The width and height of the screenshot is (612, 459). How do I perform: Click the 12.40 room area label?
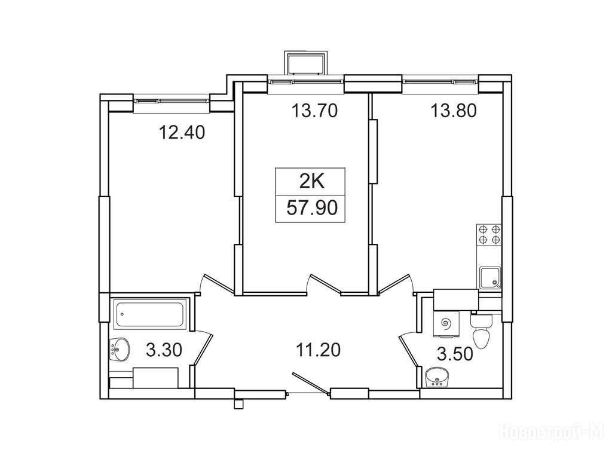tap(182, 133)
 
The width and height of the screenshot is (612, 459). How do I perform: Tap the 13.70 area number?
tap(314, 111)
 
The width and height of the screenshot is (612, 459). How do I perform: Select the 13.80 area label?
tap(454, 111)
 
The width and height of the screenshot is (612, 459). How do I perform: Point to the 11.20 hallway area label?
tap(318, 350)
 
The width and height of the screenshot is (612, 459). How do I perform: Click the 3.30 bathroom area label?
tap(164, 350)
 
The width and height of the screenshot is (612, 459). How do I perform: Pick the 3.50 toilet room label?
tap(455, 354)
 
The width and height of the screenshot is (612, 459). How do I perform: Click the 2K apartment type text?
tap(311, 182)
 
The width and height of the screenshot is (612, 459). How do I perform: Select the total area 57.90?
tap(312, 207)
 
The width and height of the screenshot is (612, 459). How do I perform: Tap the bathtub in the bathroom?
tap(150, 314)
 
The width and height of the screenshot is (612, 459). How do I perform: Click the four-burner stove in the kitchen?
tap(489, 234)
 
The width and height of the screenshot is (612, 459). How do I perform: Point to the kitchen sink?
tap(490, 278)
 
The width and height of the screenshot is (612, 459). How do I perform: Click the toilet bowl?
tap(482, 331)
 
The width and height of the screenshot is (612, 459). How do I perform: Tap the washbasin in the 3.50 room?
tap(437, 378)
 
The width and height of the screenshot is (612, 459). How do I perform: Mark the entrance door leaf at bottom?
tap(310, 383)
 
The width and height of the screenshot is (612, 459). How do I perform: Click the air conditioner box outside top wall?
tap(305, 62)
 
